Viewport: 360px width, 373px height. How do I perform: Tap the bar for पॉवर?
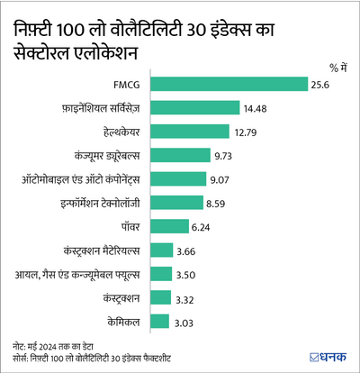pyautogui.click(x=176, y=226)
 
